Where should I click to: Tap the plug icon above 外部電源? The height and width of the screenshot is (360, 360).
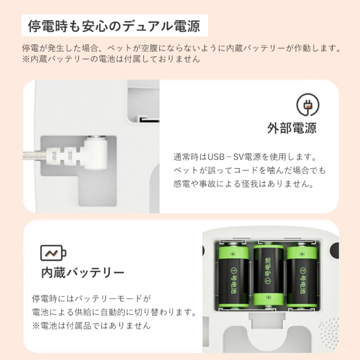[308, 105]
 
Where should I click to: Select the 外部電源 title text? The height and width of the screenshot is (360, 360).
[291, 128]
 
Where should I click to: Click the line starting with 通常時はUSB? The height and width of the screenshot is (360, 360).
[245, 158]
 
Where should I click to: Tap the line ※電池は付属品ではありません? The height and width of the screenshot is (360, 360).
[91, 326]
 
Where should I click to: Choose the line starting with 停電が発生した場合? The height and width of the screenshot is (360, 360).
[180, 48]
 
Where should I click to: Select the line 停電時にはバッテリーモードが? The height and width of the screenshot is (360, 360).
[92, 299]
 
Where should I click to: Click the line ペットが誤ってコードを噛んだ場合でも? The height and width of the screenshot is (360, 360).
[250, 171]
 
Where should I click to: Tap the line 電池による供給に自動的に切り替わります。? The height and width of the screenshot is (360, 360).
[114, 312]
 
